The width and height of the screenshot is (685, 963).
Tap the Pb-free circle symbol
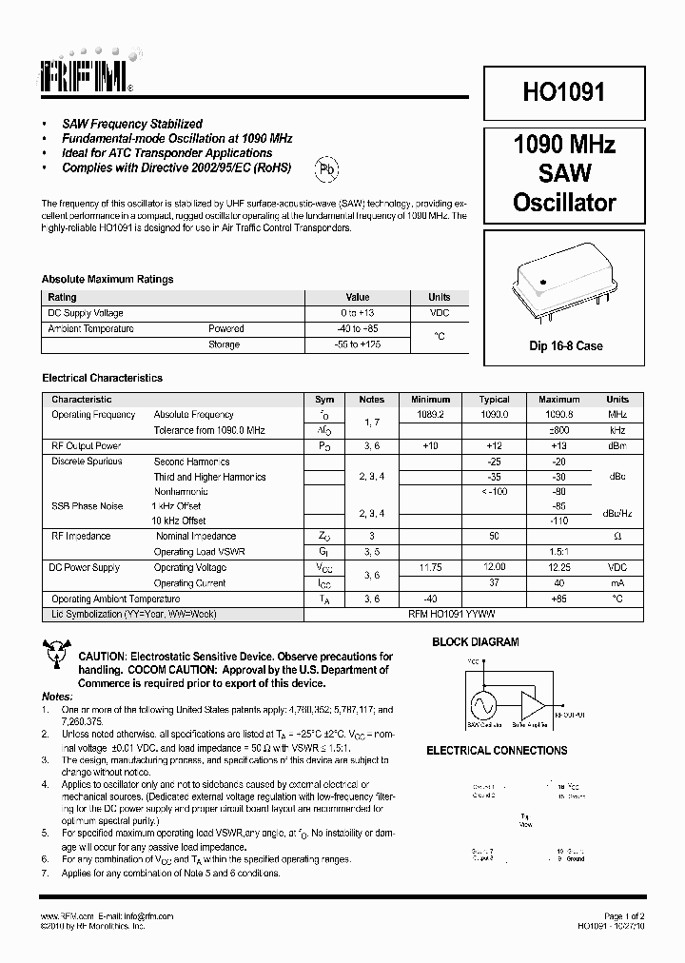(327, 170)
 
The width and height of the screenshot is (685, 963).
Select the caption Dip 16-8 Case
(565, 346)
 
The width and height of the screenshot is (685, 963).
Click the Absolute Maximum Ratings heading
(108, 280)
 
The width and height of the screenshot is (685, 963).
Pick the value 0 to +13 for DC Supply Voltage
(357, 312)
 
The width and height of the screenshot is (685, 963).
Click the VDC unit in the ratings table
(439, 312)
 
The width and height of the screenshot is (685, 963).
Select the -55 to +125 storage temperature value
(357, 344)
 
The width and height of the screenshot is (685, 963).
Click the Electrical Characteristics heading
(103, 378)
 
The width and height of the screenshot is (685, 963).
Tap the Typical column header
(495, 400)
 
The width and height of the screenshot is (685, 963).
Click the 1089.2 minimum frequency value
(431, 415)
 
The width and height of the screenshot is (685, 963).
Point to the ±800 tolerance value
(558, 431)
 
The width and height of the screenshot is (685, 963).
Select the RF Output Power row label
(87, 446)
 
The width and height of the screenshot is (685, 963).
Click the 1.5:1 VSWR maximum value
(558, 552)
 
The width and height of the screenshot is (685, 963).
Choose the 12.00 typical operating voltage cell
(495, 567)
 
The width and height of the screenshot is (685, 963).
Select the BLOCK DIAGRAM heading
(476, 642)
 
